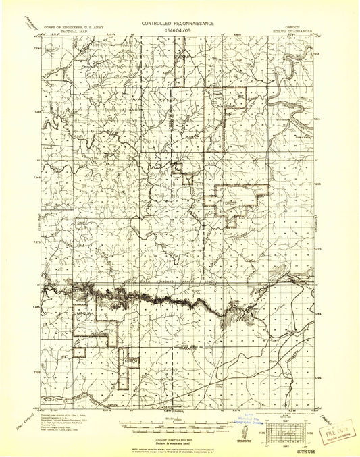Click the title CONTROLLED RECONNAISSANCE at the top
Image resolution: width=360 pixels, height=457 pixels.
(x=180, y=22)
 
